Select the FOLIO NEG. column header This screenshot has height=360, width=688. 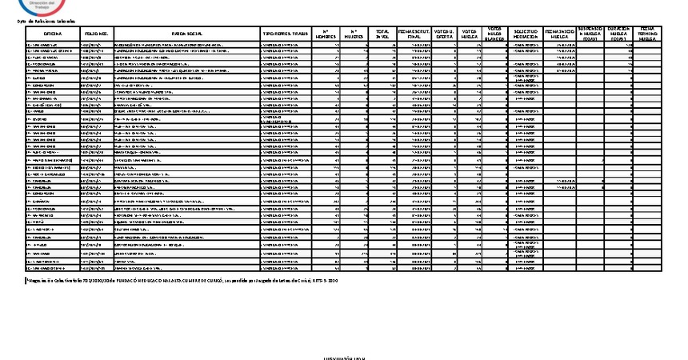[96, 33]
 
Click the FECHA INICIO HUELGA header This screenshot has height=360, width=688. [560, 33]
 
